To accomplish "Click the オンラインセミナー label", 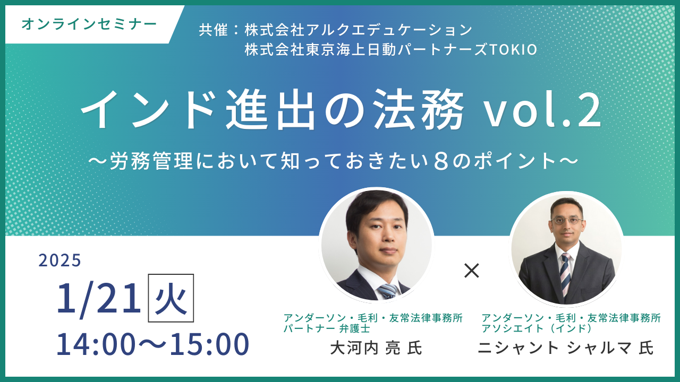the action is (89, 24).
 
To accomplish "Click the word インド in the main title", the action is (149, 110).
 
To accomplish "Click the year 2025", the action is (60, 261).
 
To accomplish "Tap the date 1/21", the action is (99, 299).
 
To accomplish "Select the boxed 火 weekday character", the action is (171, 298).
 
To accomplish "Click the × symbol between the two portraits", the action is (472, 271).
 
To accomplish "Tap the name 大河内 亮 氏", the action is (376, 348).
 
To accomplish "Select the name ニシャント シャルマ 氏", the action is (566, 348).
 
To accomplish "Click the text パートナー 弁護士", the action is (327, 328).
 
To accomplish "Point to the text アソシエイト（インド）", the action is (537, 328).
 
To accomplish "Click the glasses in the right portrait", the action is (567, 220).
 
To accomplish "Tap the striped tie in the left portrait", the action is (388, 292).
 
